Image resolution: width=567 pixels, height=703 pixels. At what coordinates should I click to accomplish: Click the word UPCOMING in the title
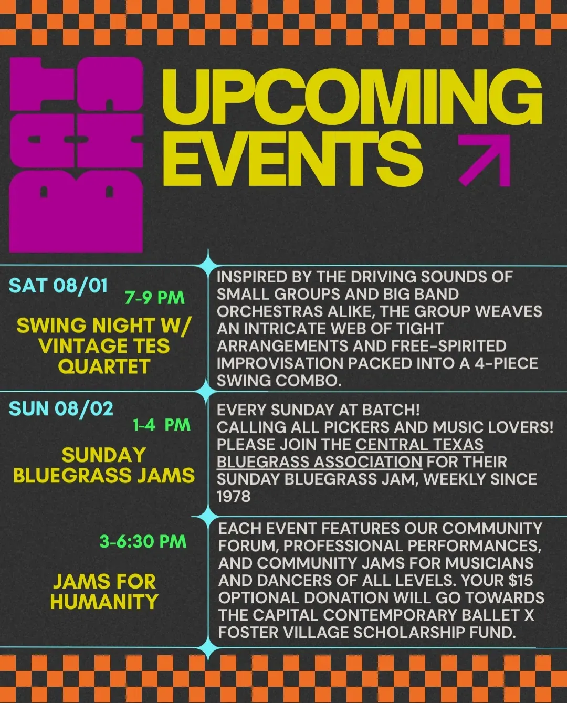click(x=352, y=97)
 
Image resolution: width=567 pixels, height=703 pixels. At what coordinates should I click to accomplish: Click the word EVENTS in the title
click(x=292, y=160)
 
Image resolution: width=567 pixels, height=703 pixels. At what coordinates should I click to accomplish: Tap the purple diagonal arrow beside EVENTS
click(x=485, y=161)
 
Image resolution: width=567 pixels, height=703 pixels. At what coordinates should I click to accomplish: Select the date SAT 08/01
click(x=58, y=286)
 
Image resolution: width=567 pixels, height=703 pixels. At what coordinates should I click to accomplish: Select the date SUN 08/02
click(x=61, y=408)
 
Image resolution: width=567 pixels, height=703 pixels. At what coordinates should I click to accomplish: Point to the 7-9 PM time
click(x=155, y=298)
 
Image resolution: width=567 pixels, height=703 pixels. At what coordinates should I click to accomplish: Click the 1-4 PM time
click(x=161, y=425)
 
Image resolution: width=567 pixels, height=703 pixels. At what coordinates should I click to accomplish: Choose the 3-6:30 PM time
click(x=143, y=541)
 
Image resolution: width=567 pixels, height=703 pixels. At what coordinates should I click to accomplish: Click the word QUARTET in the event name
click(x=104, y=366)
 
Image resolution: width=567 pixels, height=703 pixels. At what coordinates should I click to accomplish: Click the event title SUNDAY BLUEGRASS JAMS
click(x=104, y=465)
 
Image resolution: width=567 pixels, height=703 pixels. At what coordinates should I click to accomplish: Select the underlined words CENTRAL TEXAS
click(x=419, y=445)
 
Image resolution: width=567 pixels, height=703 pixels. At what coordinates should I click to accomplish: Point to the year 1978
click(x=234, y=497)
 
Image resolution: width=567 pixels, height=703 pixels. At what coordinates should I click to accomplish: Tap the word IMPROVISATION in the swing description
click(x=280, y=363)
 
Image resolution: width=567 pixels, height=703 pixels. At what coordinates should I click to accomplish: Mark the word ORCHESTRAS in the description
click(x=270, y=311)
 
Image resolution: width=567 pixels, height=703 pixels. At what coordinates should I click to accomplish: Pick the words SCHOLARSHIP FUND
click(x=435, y=632)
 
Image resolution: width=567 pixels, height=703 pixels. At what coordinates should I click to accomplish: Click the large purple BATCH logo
click(x=76, y=154)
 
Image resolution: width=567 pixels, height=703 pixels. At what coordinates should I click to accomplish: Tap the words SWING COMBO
click(x=280, y=381)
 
